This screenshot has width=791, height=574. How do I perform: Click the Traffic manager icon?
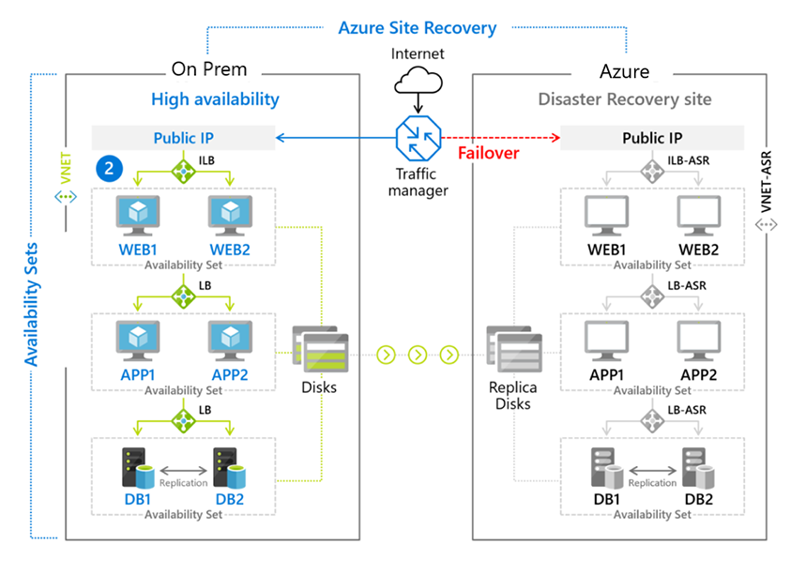click(x=418, y=138)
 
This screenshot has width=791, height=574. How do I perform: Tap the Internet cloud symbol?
click(x=418, y=82)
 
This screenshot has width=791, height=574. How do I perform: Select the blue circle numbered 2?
click(x=109, y=169)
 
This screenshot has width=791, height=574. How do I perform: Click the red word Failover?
click(x=488, y=153)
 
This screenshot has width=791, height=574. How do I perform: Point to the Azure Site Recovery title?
click(x=418, y=28)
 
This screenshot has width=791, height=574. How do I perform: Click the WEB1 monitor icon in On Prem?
click(x=138, y=216)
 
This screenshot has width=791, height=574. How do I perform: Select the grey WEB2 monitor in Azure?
click(x=699, y=216)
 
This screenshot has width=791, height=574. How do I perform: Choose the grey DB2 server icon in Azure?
click(x=698, y=468)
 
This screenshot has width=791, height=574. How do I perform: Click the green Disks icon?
click(x=320, y=349)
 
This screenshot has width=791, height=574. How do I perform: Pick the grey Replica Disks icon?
click(x=514, y=349)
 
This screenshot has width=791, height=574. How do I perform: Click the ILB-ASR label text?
click(x=688, y=160)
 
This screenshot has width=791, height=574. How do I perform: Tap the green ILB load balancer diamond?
click(x=183, y=171)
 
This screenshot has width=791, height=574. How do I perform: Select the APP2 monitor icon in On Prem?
click(x=230, y=340)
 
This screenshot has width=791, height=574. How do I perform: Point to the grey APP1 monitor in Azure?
click(x=606, y=340)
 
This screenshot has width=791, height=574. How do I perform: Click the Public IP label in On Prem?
click(x=184, y=138)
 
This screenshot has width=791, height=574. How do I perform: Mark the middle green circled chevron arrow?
click(x=418, y=355)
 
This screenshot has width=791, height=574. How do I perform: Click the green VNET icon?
click(x=66, y=197)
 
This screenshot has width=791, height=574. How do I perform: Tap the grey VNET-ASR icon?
click(x=766, y=224)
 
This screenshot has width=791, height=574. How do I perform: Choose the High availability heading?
click(x=215, y=99)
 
